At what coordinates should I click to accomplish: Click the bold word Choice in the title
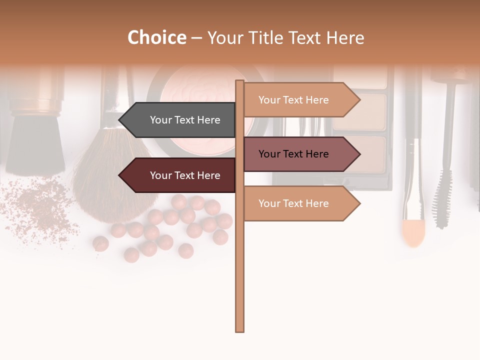[157, 38]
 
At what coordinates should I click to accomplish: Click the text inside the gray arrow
[185, 120]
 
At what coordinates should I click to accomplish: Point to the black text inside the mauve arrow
[293, 154]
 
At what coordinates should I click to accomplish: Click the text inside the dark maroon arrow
[185, 175]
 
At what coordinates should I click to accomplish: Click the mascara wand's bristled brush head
[443, 200]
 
